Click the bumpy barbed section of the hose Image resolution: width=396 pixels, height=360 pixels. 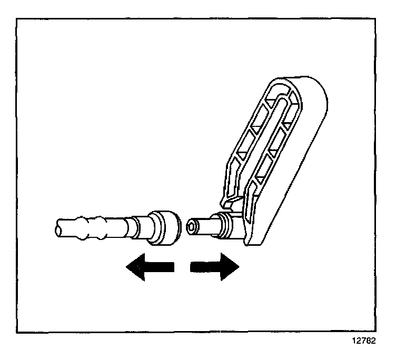coord(90,227)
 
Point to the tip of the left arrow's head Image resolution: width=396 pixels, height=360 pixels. coord(126,267)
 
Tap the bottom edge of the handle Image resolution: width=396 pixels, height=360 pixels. coord(253,243)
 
